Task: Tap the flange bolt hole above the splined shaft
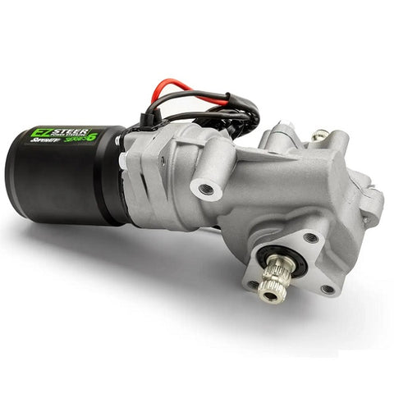tap(310, 238)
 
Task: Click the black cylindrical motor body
tap(66, 185)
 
